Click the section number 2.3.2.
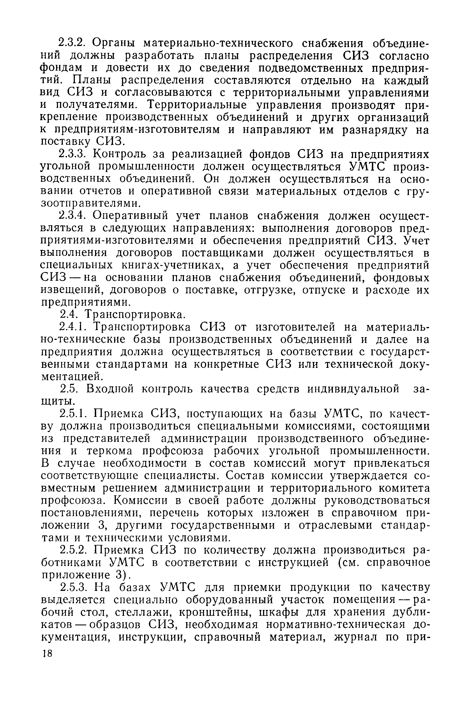pos(72,43)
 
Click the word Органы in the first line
pos(114,43)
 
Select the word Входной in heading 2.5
pos(110,389)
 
